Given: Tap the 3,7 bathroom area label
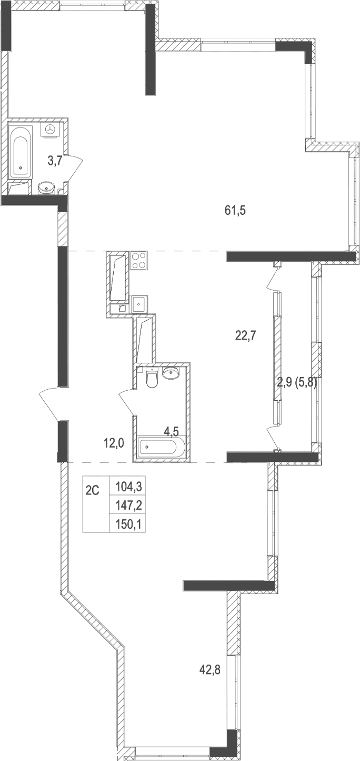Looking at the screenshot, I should click(55, 162).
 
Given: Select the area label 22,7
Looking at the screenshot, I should click(245, 335).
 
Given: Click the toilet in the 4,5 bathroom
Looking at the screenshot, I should click(152, 379).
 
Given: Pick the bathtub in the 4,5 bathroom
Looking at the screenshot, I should click(158, 448).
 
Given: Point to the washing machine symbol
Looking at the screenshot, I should click(51, 130).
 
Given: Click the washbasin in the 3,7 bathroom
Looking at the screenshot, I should click(48, 186).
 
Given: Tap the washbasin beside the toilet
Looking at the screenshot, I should click(171, 373).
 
